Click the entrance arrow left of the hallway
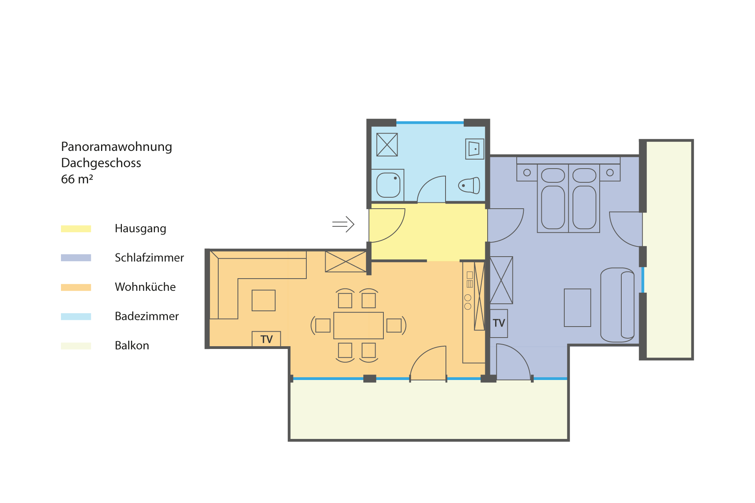tap(343, 224)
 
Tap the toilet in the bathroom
tap(469, 185)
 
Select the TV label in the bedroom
tap(499, 323)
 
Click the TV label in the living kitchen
tap(266, 339)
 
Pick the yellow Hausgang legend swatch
tap(76, 229)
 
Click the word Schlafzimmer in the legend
tap(149, 258)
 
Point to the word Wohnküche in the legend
tap(145, 287)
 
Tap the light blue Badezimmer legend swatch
tap(76, 316)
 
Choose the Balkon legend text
tap(132, 345)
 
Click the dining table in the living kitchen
tap(358, 325)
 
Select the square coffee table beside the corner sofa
tap(263, 300)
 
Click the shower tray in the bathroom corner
tap(387, 145)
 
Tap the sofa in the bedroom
tap(617, 305)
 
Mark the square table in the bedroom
tap(577, 308)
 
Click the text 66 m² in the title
tap(77, 179)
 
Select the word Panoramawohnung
tap(116, 147)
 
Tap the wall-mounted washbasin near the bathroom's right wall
tap(475, 149)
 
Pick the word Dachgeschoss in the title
tap(101, 163)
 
